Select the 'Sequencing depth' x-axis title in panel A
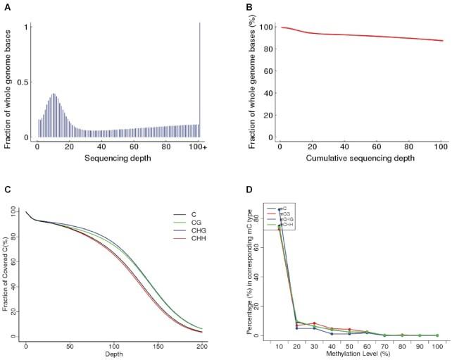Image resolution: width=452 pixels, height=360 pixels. click(119, 159)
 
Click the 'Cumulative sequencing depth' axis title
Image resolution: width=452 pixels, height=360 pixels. click(362, 159)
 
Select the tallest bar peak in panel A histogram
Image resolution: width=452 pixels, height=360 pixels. click(53, 94)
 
